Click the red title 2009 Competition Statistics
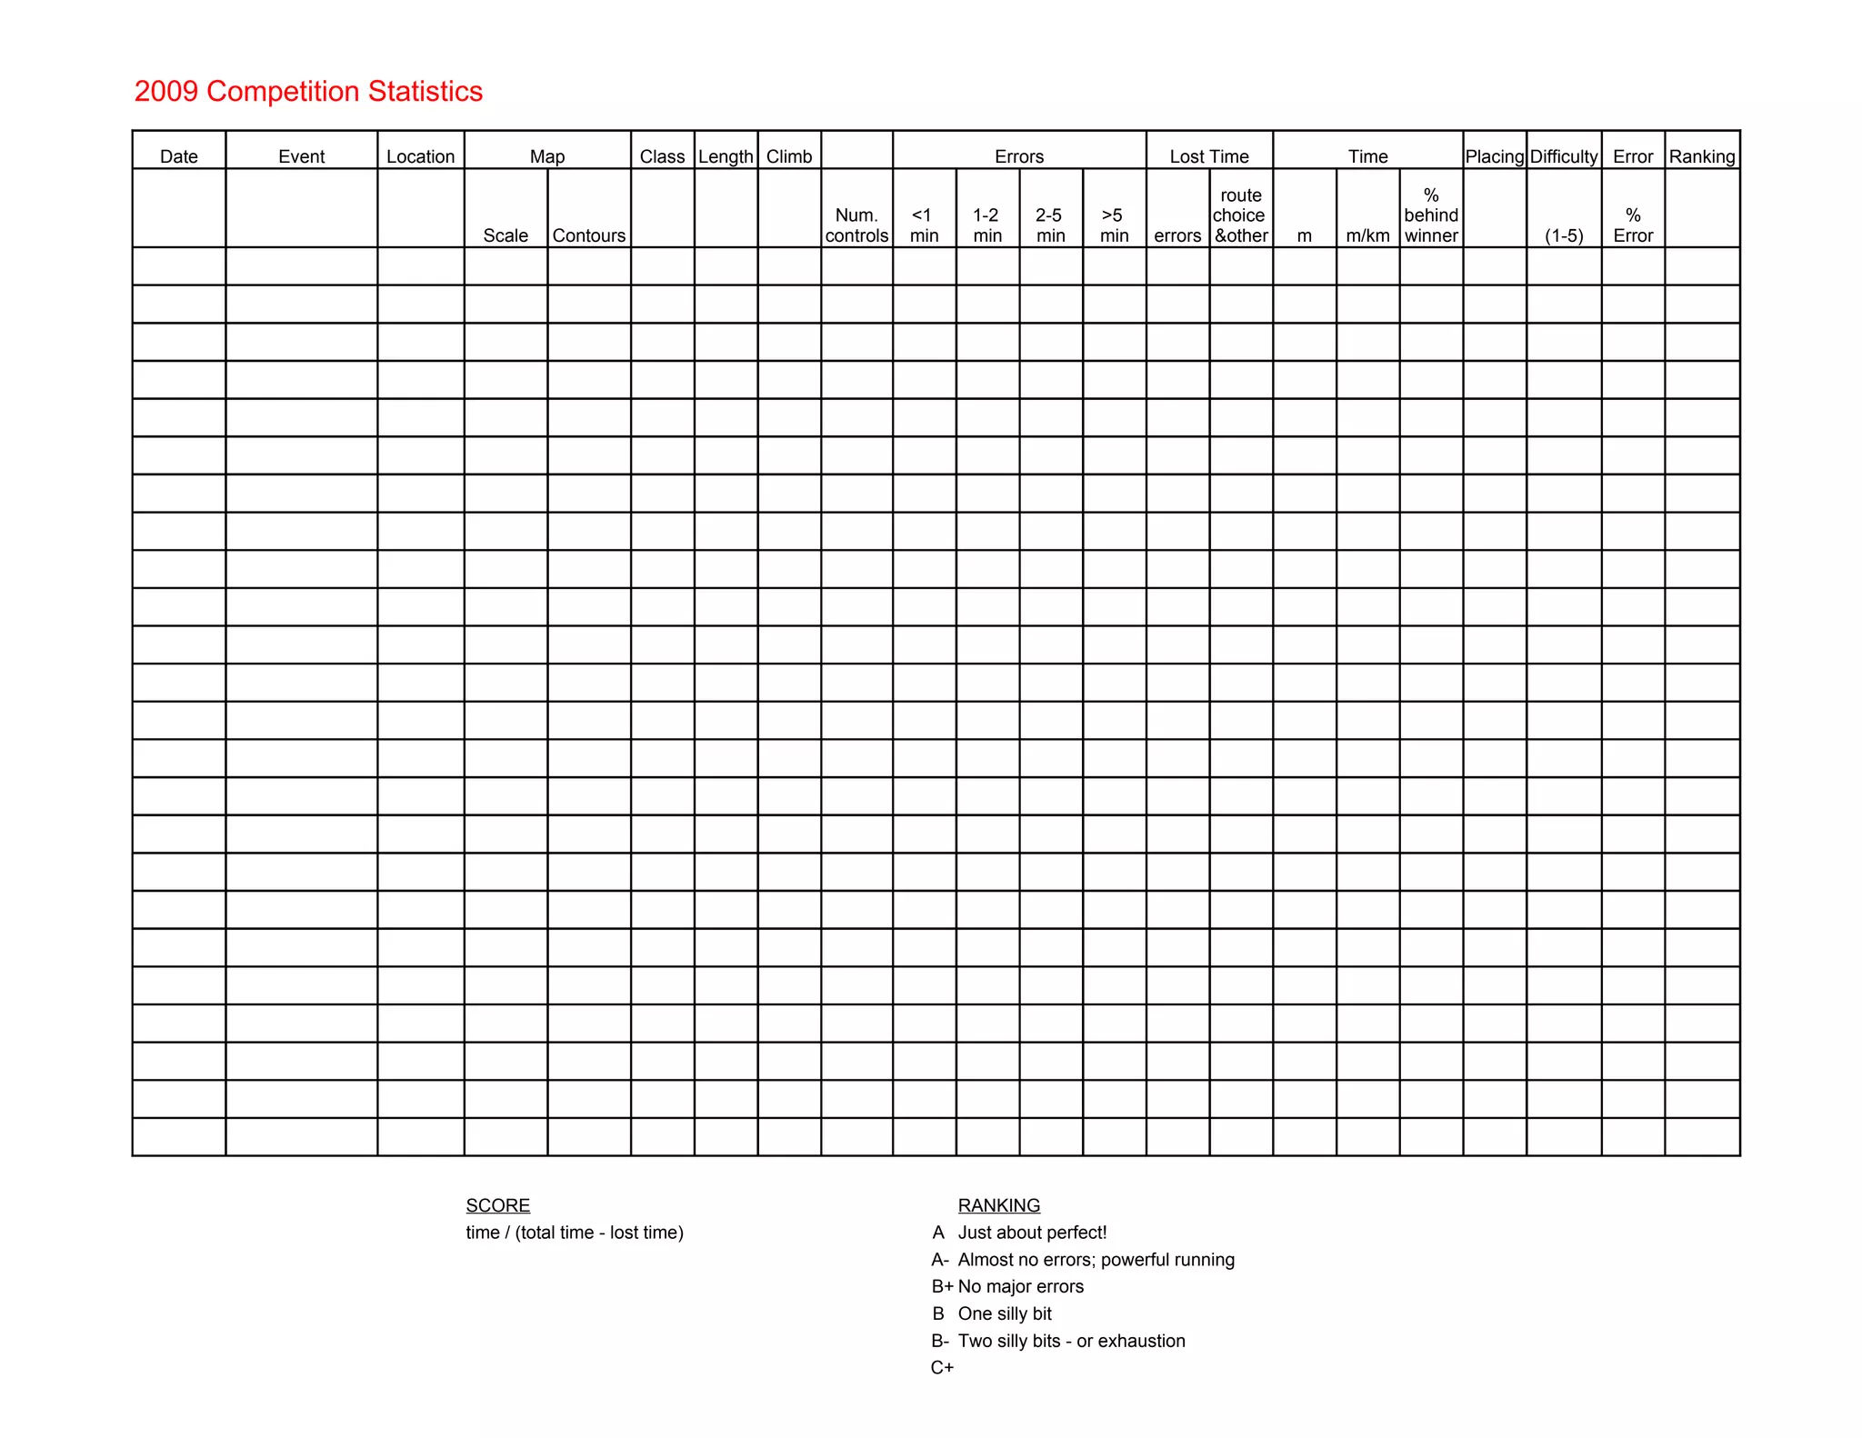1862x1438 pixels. point(308,92)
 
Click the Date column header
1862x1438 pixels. point(178,156)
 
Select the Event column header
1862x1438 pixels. point(301,156)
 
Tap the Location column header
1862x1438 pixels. point(420,156)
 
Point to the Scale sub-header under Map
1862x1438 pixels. point(506,235)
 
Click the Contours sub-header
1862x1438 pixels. point(589,235)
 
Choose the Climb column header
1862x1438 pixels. point(789,156)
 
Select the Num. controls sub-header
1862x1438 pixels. point(856,225)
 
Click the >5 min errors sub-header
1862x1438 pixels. point(1114,225)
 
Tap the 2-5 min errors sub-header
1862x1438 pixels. point(1050,225)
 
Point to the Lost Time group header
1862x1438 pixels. point(1209,156)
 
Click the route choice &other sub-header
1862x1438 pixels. point(1241,215)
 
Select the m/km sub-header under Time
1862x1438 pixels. point(1367,235)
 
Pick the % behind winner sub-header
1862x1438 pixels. point(1431,215)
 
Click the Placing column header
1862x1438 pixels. point(1495,156)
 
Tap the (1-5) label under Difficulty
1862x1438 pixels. point(1564,235)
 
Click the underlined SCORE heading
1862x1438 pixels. point(497,1205)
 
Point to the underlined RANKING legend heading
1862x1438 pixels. point(998,1205)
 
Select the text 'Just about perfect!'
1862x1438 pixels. point(1032,1233)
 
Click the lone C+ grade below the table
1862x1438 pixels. point(942,1367)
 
